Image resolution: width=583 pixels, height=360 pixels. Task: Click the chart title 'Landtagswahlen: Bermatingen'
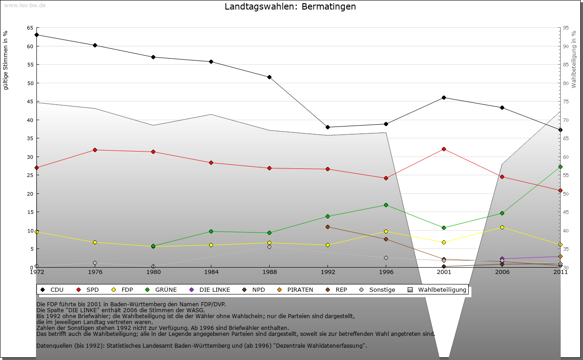pyautogui.click(x=290, y=7)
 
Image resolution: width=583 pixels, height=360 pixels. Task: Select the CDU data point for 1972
pyautogui.click(x=36, y=35)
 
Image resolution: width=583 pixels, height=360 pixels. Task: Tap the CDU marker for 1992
pyautogui.click(x=327, y=127)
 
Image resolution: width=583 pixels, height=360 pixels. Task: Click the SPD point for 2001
pyautogui.click(x=444, y=149)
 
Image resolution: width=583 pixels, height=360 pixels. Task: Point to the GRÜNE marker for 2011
pyautogui.click(x=560, y=167)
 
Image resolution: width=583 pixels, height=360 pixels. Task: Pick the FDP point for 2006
pyautogui.click(x=502, y=227)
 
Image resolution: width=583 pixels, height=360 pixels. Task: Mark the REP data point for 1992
pyautogui.click(x=327, y=227)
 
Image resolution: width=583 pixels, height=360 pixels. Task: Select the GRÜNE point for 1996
pyautogui.click(x=386, y=205)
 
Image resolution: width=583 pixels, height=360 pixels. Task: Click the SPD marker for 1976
pyautogui.click(x=95, y=150)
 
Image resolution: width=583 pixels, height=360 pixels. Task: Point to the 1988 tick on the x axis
pyautogui.click(x=269, y=272)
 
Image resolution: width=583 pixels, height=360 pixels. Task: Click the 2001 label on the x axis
pyautogui.click(x=444, y=272)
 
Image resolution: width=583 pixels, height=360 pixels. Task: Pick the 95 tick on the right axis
pyautogui.click(x=566, y=28)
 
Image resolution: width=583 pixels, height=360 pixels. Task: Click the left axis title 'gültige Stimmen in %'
pyautogui.click(x=6, y=60)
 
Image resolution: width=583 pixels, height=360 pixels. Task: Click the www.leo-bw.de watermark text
pyautogui.click(x=25, y=5)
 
